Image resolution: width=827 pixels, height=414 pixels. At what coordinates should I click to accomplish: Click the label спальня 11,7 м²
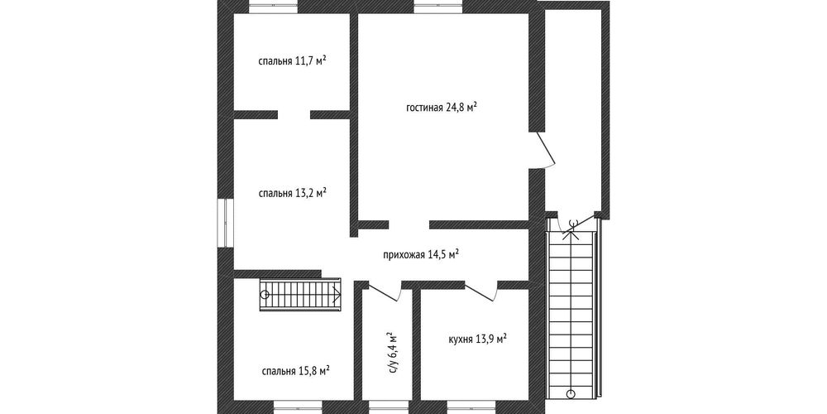[292, 60]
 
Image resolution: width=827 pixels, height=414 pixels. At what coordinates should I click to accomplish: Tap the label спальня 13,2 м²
[292, 193]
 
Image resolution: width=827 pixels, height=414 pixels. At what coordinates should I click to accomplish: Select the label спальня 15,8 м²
[296, 370]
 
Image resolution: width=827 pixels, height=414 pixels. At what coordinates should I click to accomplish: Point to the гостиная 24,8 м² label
[442, 108]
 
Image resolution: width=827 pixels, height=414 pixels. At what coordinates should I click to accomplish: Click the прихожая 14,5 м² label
[421, 255]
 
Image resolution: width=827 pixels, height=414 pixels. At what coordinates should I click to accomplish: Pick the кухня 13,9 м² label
[477, 339]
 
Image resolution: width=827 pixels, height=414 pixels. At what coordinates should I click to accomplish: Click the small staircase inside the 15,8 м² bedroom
[301, 294]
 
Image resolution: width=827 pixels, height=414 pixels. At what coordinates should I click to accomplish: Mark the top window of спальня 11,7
[274, 7]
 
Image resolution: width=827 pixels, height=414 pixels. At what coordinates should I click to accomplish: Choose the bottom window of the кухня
[471, 407]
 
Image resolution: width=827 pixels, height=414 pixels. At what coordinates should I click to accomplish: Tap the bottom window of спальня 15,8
[299, 407]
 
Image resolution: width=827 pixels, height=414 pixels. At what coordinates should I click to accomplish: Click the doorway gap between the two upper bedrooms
[294, 115]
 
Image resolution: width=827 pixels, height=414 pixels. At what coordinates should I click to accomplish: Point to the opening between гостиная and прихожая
[409, 224]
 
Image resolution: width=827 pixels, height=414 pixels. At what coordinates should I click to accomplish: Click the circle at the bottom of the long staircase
[571, 393]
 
